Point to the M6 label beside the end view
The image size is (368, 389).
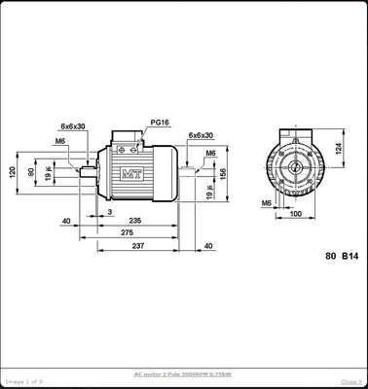pyautogui.click(x=266, y=202)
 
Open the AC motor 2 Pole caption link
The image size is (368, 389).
pyautogui.click(x=183, y=373)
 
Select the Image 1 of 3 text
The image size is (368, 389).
pyautogui.click(x=21, y=381)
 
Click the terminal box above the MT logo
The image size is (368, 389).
pyautogui.click(x=129, y=142)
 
